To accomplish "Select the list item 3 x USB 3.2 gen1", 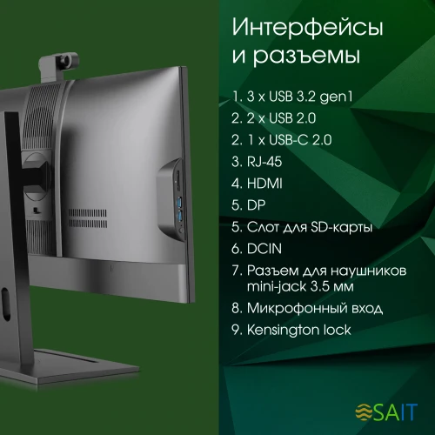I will point(292,94).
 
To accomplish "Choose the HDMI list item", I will point(262,184).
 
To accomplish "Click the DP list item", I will point(251,206).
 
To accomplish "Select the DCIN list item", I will point(261,251).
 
